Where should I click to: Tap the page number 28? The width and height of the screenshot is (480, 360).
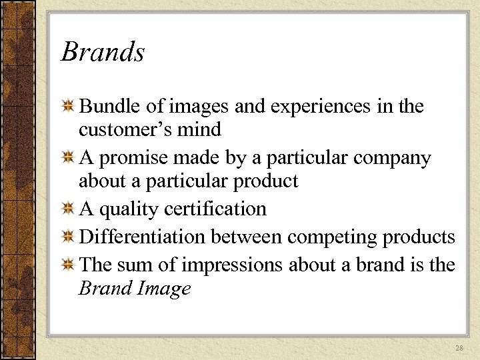click(x=459, y=348)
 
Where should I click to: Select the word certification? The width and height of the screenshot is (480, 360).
click(x=217, y=209)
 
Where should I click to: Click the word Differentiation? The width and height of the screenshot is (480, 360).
click(x=141, y=237)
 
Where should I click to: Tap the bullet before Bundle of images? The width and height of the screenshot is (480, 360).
click(x=67, y=107)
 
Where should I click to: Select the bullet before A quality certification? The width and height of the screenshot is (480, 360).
click(x=67, y=209)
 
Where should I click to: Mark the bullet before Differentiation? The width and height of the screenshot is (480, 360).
click(x=67, y=237)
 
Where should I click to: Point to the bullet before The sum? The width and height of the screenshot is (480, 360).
click(x=67, y=265)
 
